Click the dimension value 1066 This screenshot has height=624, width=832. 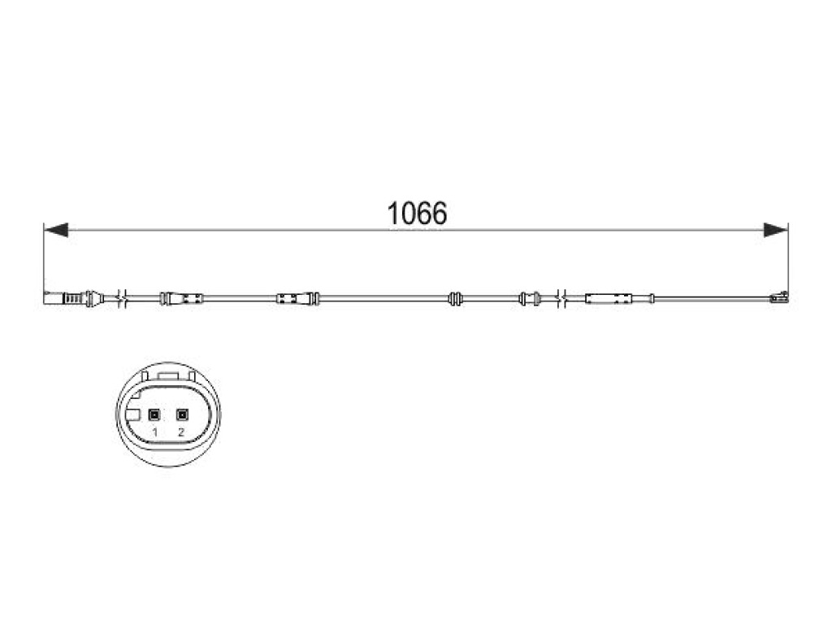pyautogui.click(x=417, y=214)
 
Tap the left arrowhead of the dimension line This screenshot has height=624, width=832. pyautogui.click(x=56, y=230)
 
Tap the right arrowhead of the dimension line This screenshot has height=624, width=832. pyautogui.click(x=776, y=230)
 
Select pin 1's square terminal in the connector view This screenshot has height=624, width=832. pyautogui.click(x=154, y=415)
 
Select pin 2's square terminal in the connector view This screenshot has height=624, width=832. pyautogui.click(x=182, y=415)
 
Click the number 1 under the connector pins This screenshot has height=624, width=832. pyautogui.click(x=155, y=432)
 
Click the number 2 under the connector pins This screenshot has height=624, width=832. pyautogui.click(x=181, y=432)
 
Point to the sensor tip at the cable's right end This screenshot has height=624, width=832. pyautogui.click(x=778, y=297)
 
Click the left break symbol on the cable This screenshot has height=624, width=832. pyautogui.click(x=124, y=298)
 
